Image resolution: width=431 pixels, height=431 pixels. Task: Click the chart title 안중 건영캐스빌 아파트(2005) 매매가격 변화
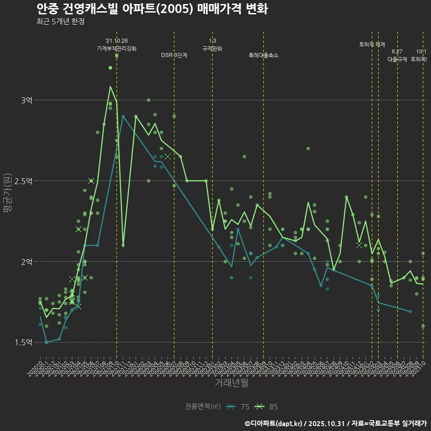click(x=152, y=9)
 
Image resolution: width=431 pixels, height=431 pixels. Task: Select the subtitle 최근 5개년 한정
click(x=60, y=22)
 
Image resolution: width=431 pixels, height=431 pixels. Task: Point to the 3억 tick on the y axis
click(x=26, y=100)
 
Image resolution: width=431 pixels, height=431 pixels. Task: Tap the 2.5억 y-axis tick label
click(x=23, y=181)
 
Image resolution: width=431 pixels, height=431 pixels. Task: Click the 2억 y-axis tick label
click(x=26, y=262)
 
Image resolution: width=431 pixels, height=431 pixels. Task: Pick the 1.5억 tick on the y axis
click(x=23, y=343)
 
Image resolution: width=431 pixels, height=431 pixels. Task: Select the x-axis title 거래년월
click(x=231, y=383)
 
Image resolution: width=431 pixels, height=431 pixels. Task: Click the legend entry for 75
click(x=237, y=407)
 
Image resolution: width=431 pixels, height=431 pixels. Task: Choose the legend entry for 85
click(x=266, y=407)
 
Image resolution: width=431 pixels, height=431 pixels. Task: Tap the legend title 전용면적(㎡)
click(x=203, y=407)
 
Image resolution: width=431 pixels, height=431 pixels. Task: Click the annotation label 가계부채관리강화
click(x=117, y=48)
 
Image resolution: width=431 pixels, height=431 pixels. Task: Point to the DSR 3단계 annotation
click(x=174, y=55)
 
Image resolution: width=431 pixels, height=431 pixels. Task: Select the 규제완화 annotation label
click(x=212, y=48)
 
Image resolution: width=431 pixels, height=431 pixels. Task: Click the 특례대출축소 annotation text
click(x=264, y=55)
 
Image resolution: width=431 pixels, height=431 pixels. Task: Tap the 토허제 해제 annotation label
click(x=372, y=44)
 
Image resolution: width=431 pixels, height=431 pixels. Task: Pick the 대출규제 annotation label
click(x=397, y=59)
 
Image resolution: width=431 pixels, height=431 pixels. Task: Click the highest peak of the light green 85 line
click(x=110, y=86)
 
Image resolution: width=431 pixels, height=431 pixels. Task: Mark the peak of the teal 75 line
click(x=123, y=116)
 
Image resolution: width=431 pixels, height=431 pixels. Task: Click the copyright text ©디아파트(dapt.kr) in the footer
click(x=274, y=423)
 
